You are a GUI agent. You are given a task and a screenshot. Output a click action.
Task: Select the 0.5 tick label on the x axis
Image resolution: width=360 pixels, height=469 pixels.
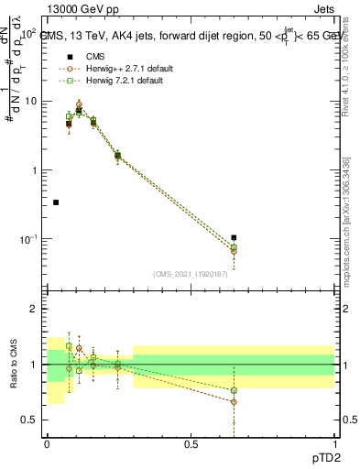click(191, 443)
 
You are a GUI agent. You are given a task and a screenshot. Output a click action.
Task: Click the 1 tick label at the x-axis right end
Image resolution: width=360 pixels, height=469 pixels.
click(334, 443)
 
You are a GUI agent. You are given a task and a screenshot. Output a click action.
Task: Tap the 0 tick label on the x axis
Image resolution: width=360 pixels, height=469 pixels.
click(47, 443)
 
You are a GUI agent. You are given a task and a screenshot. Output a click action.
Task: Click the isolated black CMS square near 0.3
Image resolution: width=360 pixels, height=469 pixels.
click(56, 202)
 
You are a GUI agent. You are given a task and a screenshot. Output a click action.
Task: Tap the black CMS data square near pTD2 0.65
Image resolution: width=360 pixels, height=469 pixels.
click(234, 238)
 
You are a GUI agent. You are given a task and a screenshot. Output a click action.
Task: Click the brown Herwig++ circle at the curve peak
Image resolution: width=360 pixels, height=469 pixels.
click(79, 104)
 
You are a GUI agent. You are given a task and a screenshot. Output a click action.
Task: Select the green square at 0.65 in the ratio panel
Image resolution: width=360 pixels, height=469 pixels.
click(234, 390)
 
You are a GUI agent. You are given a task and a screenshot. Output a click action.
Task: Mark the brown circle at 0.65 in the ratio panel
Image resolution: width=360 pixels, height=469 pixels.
click(234, 401)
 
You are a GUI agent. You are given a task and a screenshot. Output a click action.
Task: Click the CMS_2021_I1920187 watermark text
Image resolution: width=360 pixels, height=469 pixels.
click(191, 274)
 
